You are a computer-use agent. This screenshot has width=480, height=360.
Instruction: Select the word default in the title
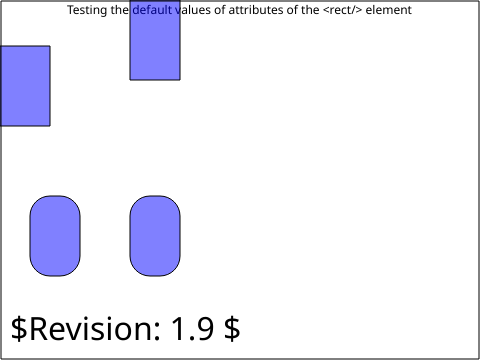point(152,10)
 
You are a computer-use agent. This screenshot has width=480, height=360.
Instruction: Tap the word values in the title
point(193,10)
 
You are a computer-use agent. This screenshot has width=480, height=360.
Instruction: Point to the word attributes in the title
point(256,10)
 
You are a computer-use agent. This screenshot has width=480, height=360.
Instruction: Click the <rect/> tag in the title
point(343,10)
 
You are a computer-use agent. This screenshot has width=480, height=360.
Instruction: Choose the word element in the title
point(389,10)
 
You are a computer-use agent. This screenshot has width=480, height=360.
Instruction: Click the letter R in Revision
point(41,329)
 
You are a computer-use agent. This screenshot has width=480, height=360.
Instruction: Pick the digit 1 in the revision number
point(179,329)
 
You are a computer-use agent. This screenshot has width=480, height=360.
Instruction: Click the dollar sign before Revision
point(19,329)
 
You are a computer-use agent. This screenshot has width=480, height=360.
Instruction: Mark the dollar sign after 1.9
point(232,329)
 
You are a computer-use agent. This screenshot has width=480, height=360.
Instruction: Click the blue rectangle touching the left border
point(25,86)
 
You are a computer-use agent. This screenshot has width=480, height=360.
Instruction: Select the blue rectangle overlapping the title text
point(155,40)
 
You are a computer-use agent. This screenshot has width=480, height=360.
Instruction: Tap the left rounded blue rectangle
point(55,236)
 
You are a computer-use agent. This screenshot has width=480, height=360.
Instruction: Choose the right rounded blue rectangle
point(155,236)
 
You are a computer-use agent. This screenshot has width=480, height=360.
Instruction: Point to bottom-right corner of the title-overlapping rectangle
point(180,80)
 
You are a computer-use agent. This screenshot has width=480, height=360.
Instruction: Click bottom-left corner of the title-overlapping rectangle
point(130,80)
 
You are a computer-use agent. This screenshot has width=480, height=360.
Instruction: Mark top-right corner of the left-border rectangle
point(50,46)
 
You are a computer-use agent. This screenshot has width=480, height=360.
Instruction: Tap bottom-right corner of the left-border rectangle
point(50,126)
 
